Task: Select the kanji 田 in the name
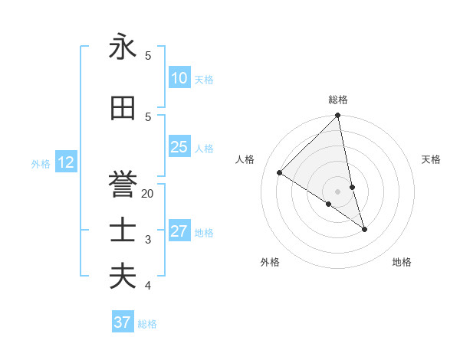(x=123, y=109)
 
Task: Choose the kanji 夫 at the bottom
(x=123, y=277)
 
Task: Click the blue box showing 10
(x=179, y=78)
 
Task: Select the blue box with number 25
(x=179, y=147)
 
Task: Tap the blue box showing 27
(x=179, y=231)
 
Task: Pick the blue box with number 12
(x=66, y=162)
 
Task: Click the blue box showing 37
(x=123, y=322)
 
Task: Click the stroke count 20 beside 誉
(x=148, y=194)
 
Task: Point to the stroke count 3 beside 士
(x=148, y=240)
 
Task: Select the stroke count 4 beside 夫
(x=148, y=286)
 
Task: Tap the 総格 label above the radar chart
(x=338, y=100)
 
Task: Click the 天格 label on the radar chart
(x=432, y=159)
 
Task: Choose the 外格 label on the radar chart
(x=270, y=263)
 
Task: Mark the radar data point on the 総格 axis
(x=338, y=116)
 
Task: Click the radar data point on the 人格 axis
(x=280, y=173)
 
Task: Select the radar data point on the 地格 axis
(x=364, y=229)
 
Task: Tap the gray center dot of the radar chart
(x=338, y=191)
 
